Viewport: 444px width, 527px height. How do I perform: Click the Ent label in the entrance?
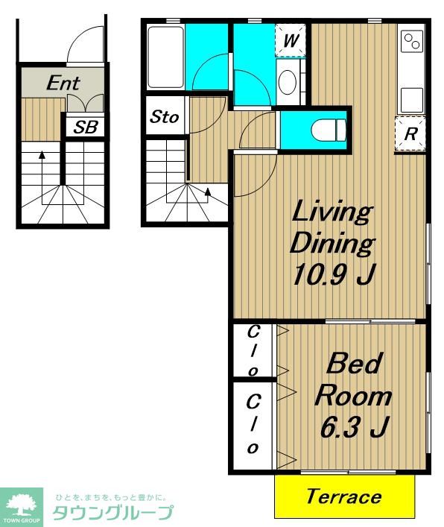click(x=63, y=83)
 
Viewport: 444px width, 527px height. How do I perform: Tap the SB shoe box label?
click(x=86, y=127)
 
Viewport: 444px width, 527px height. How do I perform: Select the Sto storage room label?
click(x=164, y=116)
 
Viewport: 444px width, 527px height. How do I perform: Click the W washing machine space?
click(x=291, y=41)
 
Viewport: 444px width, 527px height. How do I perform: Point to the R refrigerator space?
click(x=410, y=133)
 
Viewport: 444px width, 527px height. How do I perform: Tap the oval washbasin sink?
click(x=288, y=82)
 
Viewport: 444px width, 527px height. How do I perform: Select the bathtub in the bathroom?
click(x=166, y=57)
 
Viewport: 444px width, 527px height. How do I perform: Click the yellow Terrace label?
click(x=344, y=496)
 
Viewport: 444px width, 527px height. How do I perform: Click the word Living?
click(x=332, y=212)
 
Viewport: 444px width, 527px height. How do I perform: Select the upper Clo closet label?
click(x=253, y=351)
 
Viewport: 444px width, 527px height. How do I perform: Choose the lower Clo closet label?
click(x=253, y=424)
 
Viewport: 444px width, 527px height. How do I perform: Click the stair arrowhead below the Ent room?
click(x=42, y=155)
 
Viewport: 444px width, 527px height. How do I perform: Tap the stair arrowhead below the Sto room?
click(x=208, y=192)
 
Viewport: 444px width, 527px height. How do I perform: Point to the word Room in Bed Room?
click(x=353, y=397)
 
